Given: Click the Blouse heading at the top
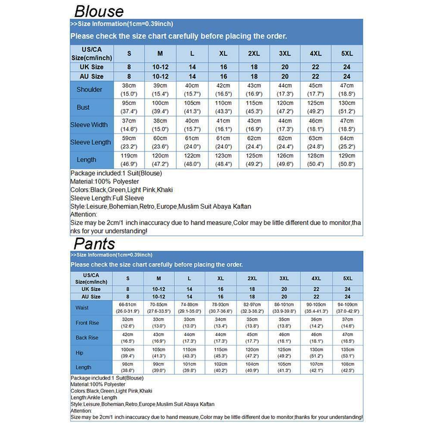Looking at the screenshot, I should click(99, 11).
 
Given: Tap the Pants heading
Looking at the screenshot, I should click(95, 243).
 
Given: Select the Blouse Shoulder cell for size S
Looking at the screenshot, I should click(129, 90).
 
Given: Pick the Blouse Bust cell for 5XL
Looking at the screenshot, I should click(347, 107).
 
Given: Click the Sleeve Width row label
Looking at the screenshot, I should click(89, 124).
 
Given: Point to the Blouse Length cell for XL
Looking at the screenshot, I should click(222, 160).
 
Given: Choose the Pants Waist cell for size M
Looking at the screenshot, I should click(159, 307).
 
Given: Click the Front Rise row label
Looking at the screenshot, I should click(87, 323).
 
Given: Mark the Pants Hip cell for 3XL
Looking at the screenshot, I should click(284, 352).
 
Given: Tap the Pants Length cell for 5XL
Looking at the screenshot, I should click(347, 368).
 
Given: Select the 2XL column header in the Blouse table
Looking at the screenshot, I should click(254, 54).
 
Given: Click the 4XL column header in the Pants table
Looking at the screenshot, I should click(316, 278).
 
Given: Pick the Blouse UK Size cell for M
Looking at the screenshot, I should click(160, 67).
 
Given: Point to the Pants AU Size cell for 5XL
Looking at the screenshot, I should click(347, 297).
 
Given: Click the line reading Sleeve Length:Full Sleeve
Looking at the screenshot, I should click(107, 198).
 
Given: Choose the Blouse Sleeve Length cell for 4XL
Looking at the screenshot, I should click(316, 142).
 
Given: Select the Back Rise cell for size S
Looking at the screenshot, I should click(128, 338).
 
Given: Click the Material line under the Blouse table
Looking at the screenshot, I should click(104, 181).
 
